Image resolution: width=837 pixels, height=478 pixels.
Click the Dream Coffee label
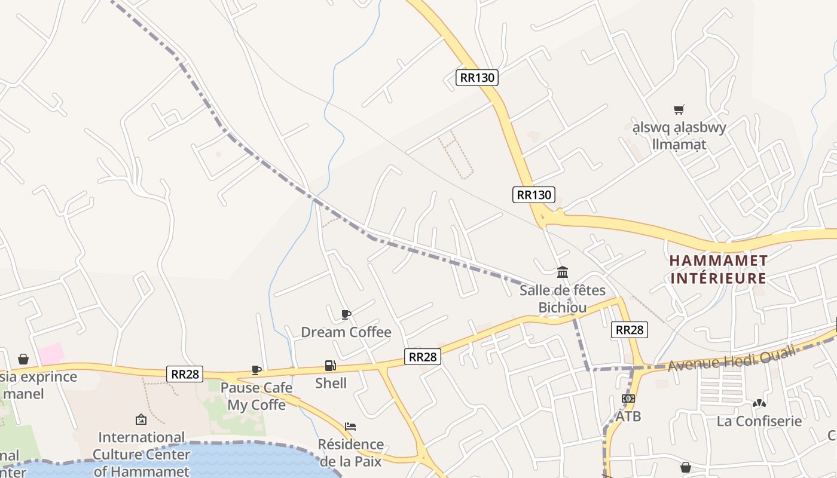click(x=346, y=332)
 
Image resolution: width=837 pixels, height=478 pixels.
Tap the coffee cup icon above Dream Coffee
click(x=346, y=314)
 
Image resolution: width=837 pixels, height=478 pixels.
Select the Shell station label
click(x=331, y=383)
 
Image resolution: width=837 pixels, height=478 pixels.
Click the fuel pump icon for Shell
click(x=330, y=366)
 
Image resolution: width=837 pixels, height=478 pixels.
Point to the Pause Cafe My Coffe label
click(x=256, y=396)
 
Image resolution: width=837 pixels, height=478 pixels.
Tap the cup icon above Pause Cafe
click(x=256, y=370)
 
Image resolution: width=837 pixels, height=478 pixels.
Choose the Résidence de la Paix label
click(x=351, y=452)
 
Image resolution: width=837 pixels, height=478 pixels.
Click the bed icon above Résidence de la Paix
click(x=350, y=427)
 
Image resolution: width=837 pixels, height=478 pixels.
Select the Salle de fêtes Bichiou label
click(x=562, y=299)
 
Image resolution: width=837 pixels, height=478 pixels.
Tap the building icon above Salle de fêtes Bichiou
click(x=563, y=272)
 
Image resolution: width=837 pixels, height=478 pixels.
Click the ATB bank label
click(x=628, y=416)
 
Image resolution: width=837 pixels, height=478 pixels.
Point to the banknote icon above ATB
click(x=628, y=399)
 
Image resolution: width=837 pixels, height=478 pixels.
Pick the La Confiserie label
click(x=759, y=421)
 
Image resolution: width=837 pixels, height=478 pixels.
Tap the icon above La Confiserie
click(x=759, y=403)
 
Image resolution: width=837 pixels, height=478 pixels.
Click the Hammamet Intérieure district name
click(x=718, y=269)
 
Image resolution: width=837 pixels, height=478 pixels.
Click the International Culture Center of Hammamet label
click(x=141, y=454)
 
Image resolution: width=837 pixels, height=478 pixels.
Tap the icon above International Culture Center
click(x=141, y=419)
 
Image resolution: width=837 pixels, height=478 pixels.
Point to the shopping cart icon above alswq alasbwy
click(x=679, y=109)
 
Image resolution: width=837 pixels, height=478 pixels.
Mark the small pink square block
click(x=52, y=354)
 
